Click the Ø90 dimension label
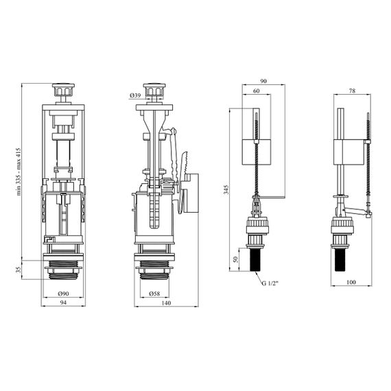tap(63, 294)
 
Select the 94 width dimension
tap(63, 303)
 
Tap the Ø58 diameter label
tap(154, 294)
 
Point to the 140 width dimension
tap(166, 303)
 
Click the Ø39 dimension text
tap(135, 95)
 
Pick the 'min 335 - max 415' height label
tap(19, 171)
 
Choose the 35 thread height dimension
tap(19, 270)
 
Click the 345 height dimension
tap(226, 190)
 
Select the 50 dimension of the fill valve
tap(235, 259)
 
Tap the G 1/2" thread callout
tap(270, 283)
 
